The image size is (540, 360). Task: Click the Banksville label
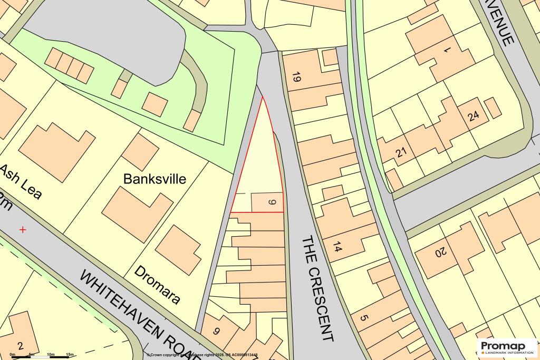click(155, 179)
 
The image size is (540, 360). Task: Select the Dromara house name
click(157, 285)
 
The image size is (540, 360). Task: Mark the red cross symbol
click(22, 230)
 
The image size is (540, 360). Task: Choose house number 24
click(472, 116)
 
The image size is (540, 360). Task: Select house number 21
click(401, 153)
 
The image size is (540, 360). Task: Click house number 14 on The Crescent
click(338, 246)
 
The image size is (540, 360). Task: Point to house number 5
click(363, 318)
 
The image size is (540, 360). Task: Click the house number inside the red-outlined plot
click(272, 202)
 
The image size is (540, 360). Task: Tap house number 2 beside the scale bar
click(20, 346)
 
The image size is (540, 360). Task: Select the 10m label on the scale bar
click(51, 354)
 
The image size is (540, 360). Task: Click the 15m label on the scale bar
click(70, 354)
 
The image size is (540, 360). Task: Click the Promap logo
click(506, 346)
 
